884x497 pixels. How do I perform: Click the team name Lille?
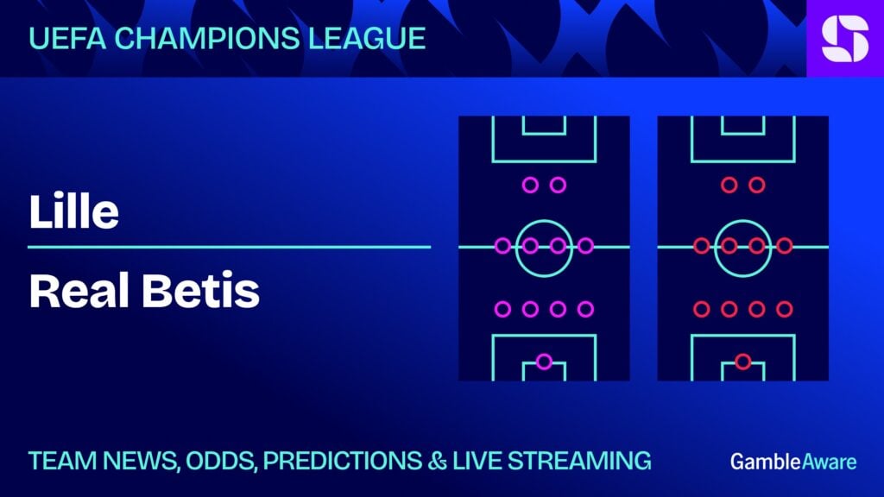point(74,211)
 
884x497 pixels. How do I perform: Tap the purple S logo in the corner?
point(845,38)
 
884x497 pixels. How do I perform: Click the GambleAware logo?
point(793,462)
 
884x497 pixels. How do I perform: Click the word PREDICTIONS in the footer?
point(342,461)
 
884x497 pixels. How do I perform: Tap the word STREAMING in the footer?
point(579,461)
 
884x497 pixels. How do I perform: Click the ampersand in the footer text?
point(437,461)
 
